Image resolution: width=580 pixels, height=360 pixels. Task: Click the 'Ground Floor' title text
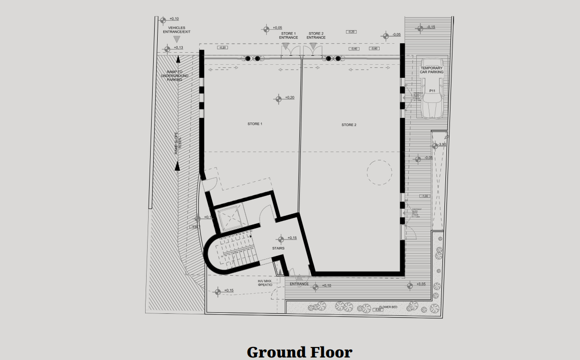click(x=299, y=351)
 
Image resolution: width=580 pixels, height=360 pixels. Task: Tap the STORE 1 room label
click(x=255, y=124)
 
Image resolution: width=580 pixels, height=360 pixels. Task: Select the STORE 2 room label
click(x=349, y=125)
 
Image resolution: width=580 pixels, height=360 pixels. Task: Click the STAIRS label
click(x=278, y=248)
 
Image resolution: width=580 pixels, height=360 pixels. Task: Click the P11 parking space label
click(x=432, y=91)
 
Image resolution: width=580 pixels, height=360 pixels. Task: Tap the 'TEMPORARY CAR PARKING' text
click(x=432, y=70)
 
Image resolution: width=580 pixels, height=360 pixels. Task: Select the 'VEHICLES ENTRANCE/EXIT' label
click(x=176, y=30)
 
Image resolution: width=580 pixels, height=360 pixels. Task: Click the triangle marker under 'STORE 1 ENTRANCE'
click(x=286, y=46)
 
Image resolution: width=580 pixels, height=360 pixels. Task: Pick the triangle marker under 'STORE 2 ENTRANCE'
click(x=313, y=46)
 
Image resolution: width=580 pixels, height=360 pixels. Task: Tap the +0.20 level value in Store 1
click(x=290, y=97)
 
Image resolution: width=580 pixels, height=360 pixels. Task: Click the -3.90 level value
click(x=442, y=145)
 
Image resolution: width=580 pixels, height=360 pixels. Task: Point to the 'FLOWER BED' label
click(x=388, y=306)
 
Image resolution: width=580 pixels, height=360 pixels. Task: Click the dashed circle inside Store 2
click(x=379, y=172)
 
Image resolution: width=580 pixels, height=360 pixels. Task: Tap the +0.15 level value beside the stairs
click(x=292, y=237)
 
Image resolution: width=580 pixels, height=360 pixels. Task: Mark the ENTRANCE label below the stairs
click(x=299, y=284)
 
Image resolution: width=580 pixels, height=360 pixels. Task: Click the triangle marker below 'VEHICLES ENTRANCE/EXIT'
click(x=176, y=39)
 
